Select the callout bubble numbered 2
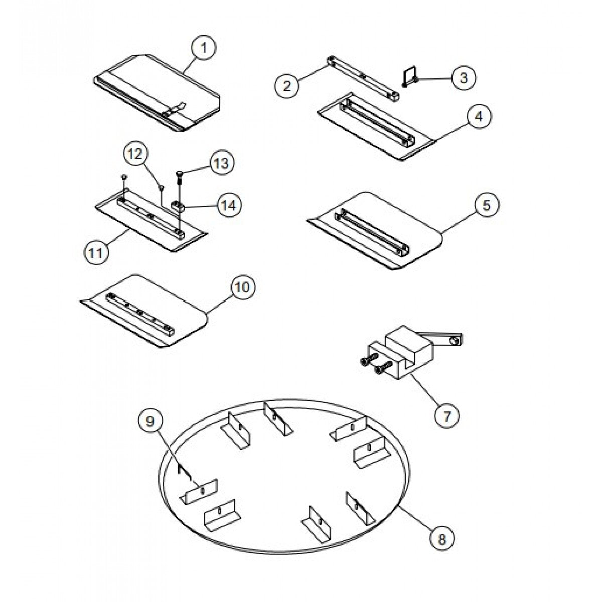286,85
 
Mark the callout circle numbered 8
442,539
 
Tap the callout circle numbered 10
242,287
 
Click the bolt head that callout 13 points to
179,174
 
